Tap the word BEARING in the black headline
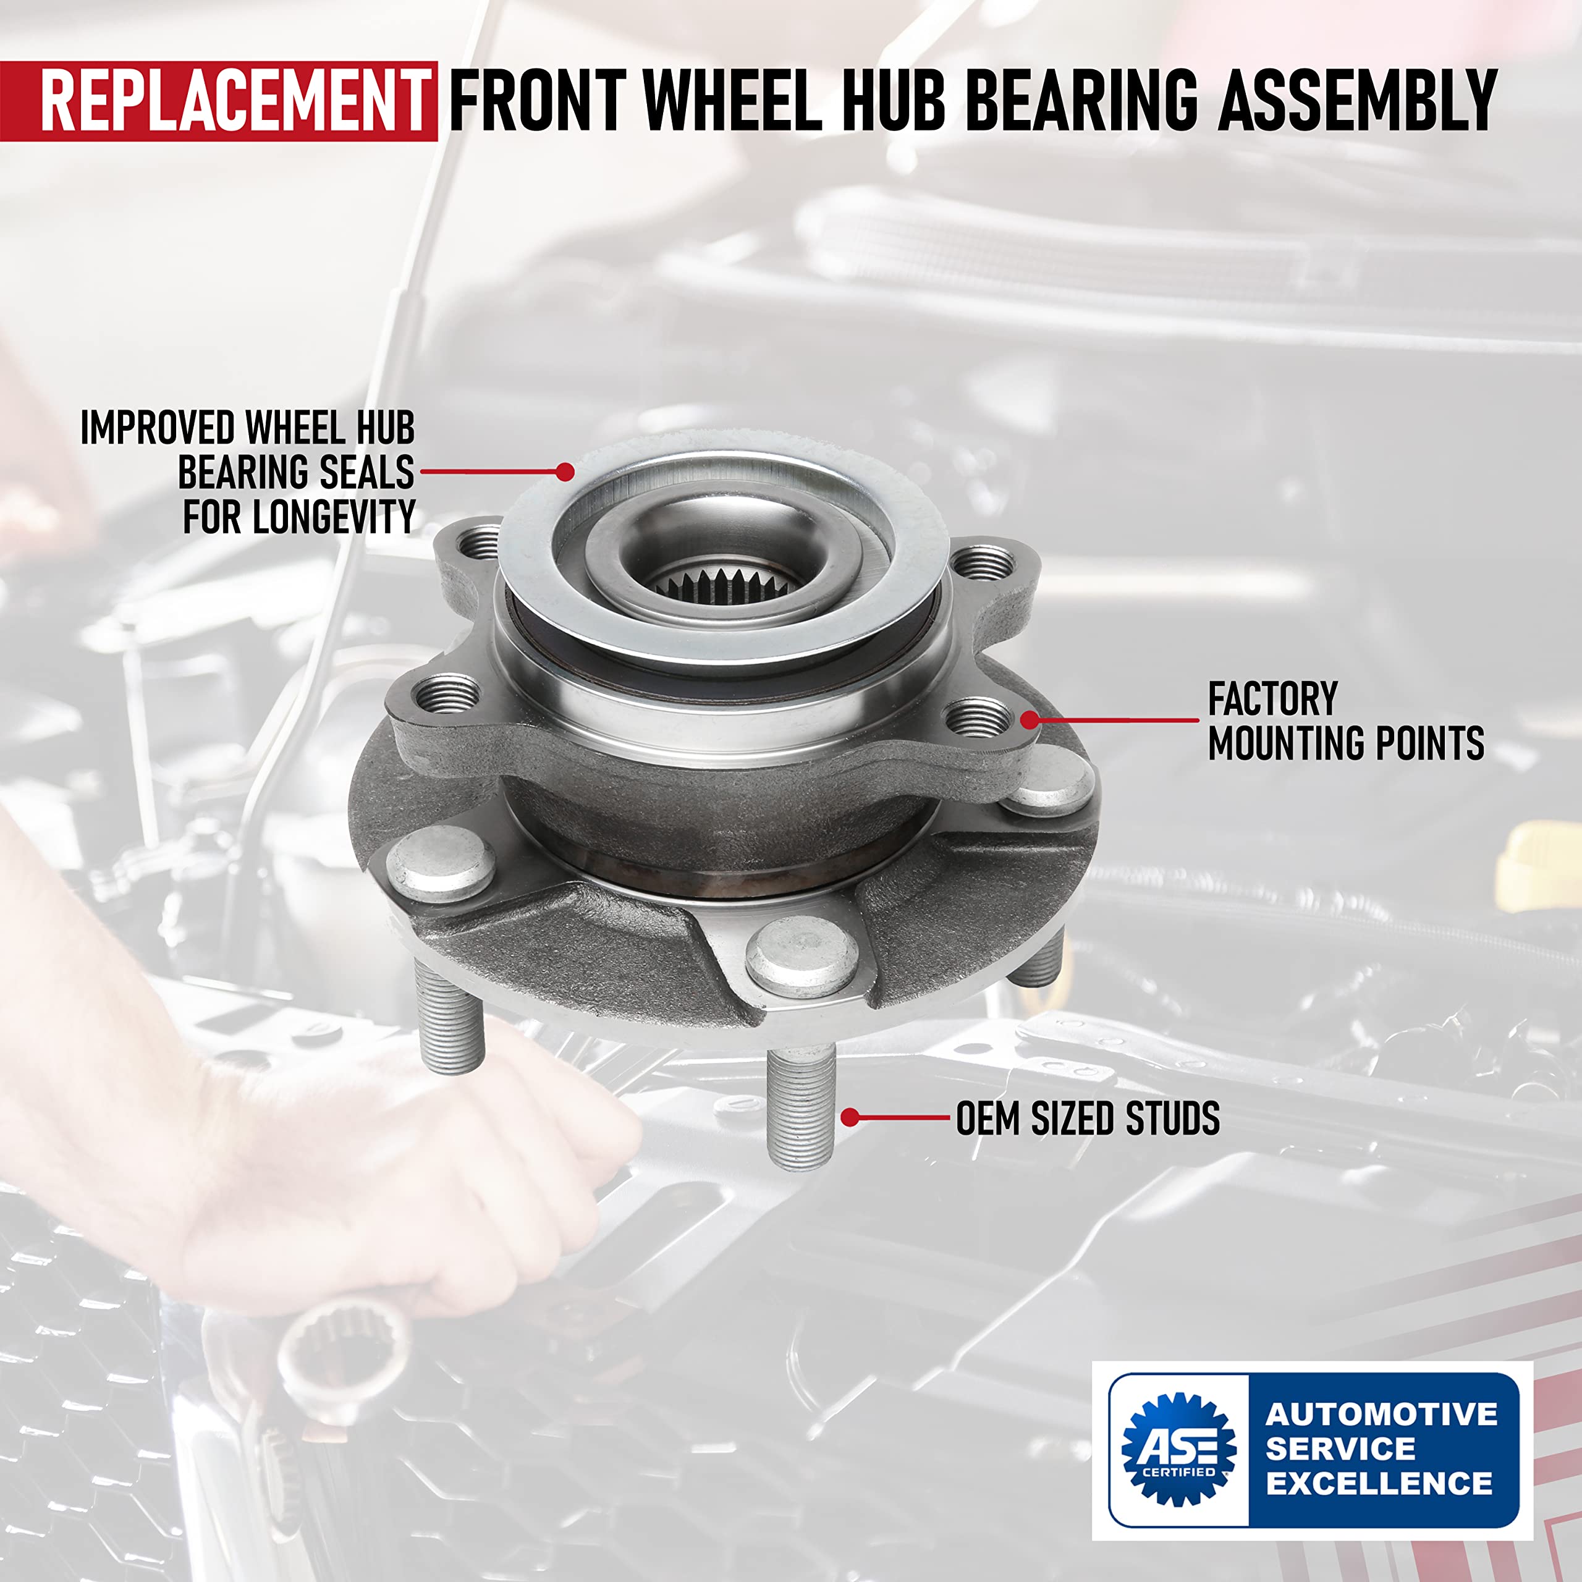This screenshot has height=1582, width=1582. pyautogui.click(x=1081, y=101)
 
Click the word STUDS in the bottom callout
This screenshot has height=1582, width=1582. pyautogui.click(x=1172, y=1119)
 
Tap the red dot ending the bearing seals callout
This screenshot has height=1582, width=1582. pyautogui.click(x=564, y=471)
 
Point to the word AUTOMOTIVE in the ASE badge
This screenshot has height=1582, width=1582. pyautogui.click(x=1381, y=1414)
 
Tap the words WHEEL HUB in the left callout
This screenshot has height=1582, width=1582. pyautogui.click(x=330, y=428)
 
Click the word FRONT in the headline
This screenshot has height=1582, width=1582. pyautogui.click(x=537, y=101)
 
